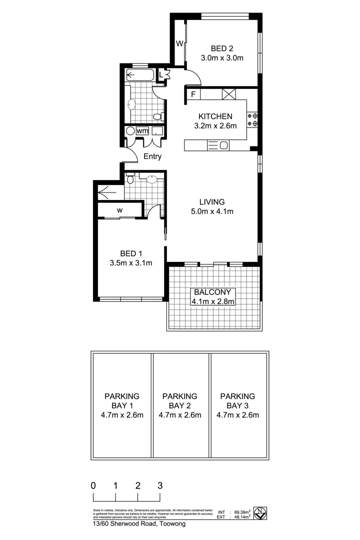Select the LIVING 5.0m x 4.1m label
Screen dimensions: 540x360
[x=212, y=206]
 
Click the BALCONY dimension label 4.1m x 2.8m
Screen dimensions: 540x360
[x=213, y=301]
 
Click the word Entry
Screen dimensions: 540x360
[x=152, y=156]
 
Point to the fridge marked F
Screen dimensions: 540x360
[x=192, y=93]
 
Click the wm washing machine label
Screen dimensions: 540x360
[x=142, y=131]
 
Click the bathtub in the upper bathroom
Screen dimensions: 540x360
[x=140, y=76]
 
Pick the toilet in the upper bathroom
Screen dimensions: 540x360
[x=157, y=116]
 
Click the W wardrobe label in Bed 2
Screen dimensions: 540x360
[x=179, y=43]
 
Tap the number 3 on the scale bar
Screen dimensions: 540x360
[x=160, y=485]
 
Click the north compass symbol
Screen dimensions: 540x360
[x=260, y=512]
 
